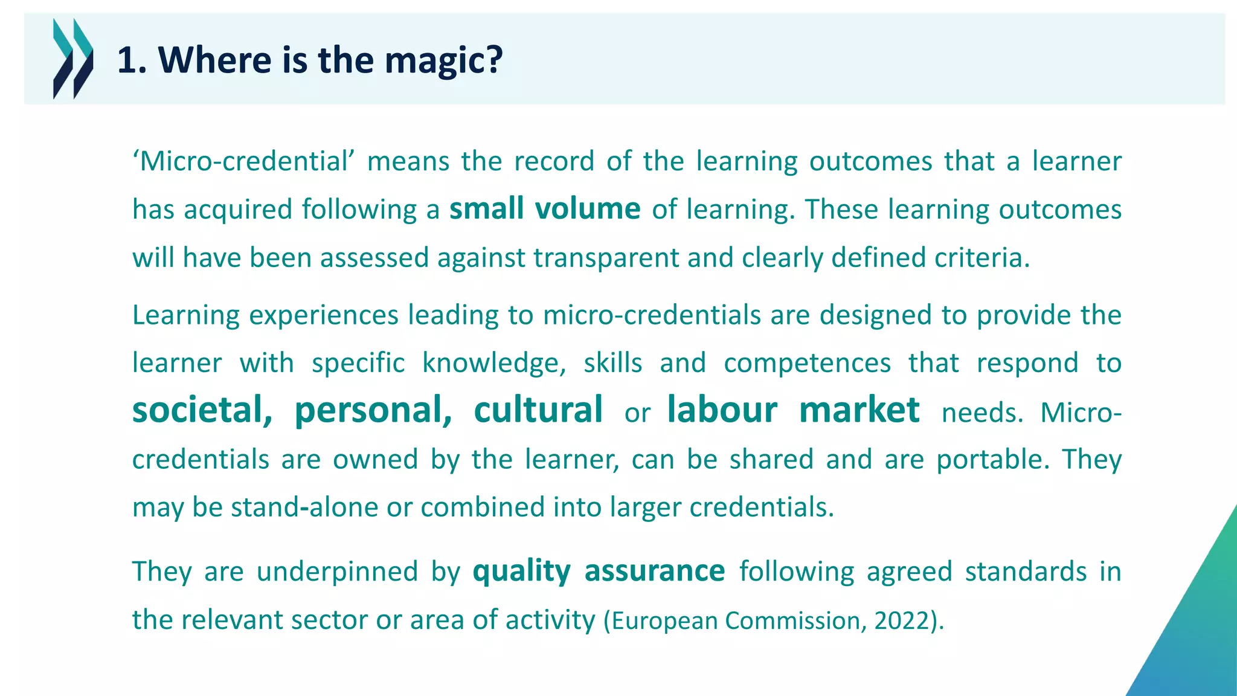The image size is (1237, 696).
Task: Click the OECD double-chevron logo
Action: pos(73,59)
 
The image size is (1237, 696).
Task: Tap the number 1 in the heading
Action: pos(127,60)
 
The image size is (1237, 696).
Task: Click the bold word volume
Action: pos(587,209)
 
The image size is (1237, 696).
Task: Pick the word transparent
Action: pos(606,258)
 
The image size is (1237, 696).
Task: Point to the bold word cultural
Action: pos(538,410)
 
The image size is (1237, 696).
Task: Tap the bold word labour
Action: pos(722,410)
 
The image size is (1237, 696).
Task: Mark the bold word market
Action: pos(859,410)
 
